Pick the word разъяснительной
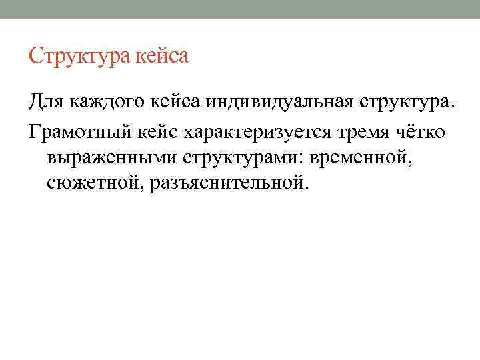click(x=227, y=181)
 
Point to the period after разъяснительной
click(x=307, y=186)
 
